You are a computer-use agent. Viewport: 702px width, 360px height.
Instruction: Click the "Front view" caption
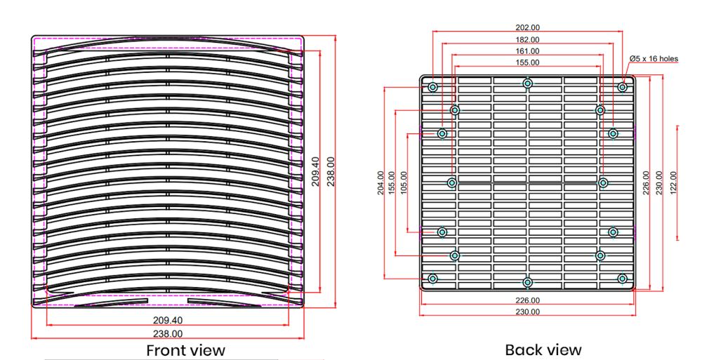click(x=185, y=349)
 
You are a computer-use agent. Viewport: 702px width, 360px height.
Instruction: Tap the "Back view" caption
click(x=543, y=349)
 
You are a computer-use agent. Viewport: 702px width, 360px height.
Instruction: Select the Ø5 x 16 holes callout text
click(x=654, y=58)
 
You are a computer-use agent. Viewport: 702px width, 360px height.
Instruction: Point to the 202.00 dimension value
click(x=528, y=28)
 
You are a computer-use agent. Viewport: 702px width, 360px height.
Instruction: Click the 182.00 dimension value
click(x=528, y=40)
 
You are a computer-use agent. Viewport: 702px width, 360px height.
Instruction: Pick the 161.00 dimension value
click(x=528, y=51)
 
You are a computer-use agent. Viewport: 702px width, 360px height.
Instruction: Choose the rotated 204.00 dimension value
click(x=381, y=183)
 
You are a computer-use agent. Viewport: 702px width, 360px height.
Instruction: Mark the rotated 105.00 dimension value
click(x=403, y=183)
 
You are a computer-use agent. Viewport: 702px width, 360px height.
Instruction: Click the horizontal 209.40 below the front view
click(x=168, y=321)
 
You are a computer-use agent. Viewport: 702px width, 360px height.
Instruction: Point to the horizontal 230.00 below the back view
click(x=528, y=312)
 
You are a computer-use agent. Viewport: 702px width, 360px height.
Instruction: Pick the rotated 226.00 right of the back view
click(x=647, y=183)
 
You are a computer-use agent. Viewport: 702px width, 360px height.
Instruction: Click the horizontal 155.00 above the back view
click(x=528, y=62)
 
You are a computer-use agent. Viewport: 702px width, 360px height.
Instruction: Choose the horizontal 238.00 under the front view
click(x=168, y=334)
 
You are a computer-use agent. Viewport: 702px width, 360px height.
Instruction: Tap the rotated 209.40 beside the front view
click(x=315, y=171)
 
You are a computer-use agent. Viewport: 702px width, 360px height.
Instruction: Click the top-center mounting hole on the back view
click(x=528, y=84)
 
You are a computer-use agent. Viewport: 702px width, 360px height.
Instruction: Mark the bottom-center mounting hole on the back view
click(x=528, y=282)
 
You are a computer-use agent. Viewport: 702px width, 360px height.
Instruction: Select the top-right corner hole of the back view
click(x=622, y=87)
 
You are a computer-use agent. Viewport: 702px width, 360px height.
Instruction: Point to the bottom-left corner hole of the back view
click(x=432, y=279)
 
